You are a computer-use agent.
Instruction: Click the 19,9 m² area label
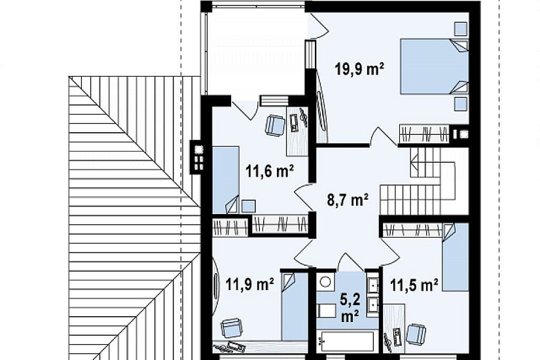click(x=359, y=69)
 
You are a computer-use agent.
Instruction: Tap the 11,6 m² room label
click(x=270, y=171)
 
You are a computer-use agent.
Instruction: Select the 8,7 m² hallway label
click(x=348, y=200)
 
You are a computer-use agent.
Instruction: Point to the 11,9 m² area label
click(x=250, y=285)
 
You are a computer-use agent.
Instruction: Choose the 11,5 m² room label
click(x=414, y=285)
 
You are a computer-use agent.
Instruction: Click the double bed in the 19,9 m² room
click(x=434, y=66)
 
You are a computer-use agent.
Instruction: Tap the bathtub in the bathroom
click(x=346, y=342)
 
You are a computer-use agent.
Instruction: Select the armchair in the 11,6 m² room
click(x=275, y=125)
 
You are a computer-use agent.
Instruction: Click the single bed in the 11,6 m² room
click(x=226, y=180)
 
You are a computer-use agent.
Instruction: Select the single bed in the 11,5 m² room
click(x=456, y=257)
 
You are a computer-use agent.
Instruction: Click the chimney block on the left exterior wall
click(x=198, y=157)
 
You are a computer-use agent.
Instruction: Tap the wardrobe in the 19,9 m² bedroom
click(x=424, y=134)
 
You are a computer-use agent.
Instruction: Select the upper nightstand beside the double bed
click(x=460, y=29)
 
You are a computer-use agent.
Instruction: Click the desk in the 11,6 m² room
click(x=297, y=132)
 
